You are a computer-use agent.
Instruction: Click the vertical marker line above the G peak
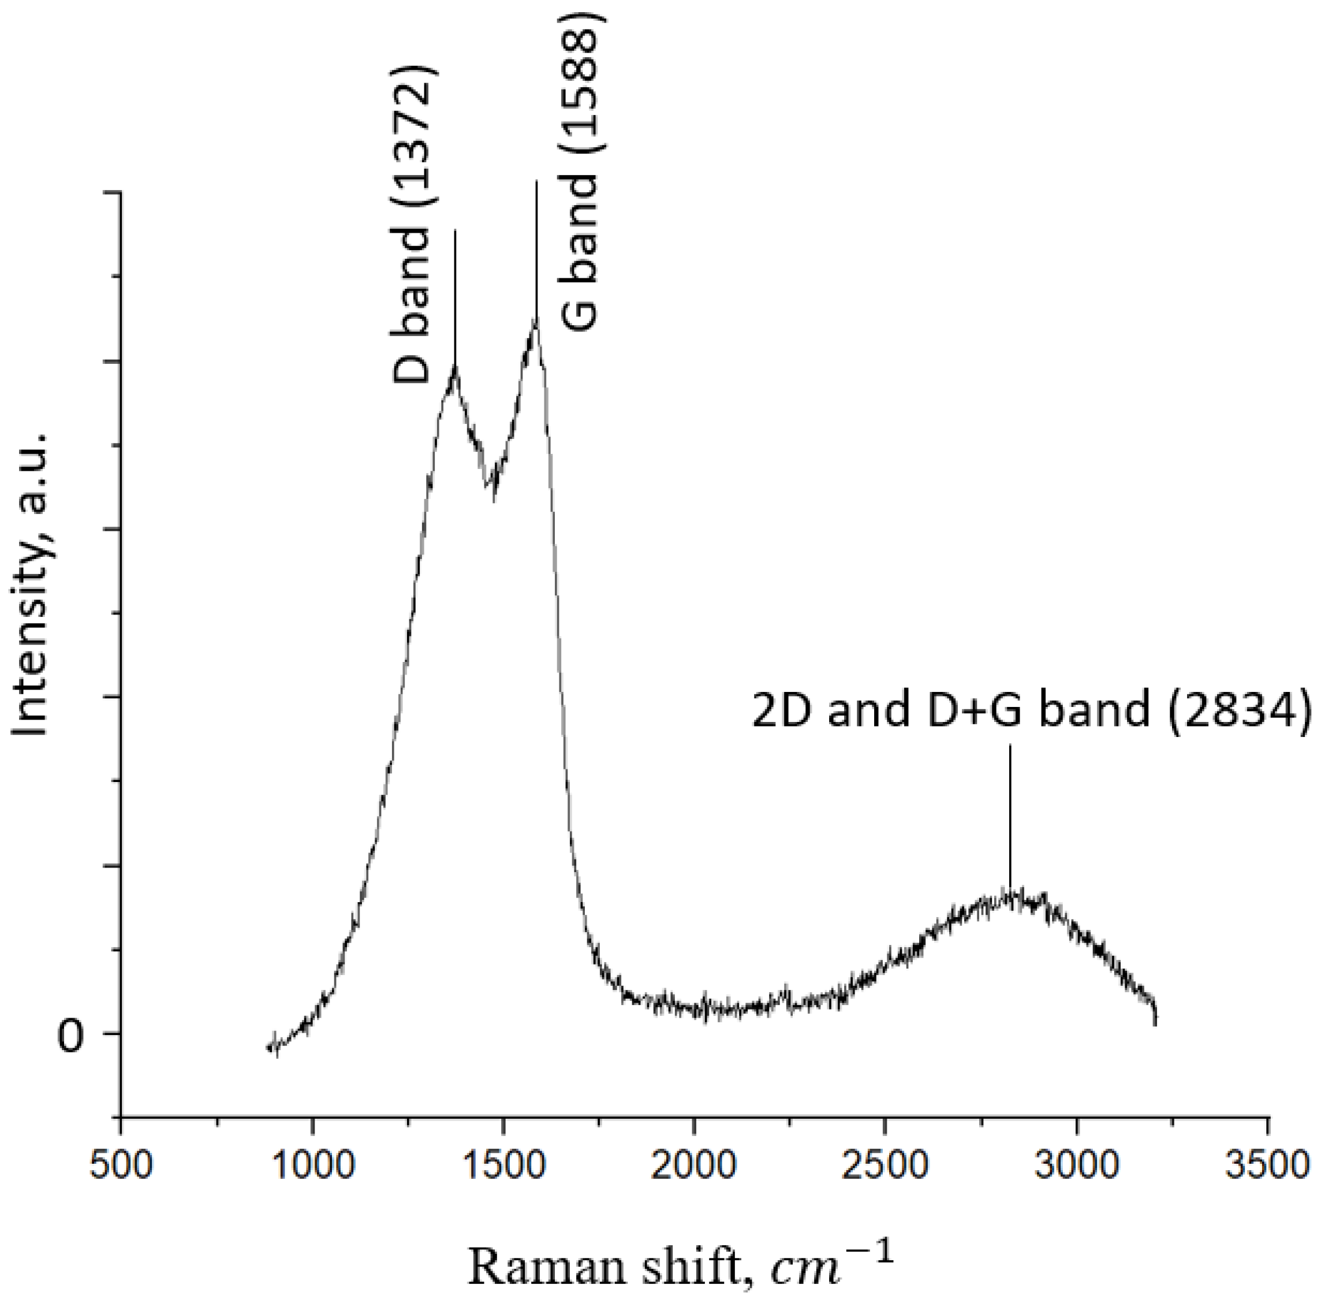[x=536, y=246]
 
